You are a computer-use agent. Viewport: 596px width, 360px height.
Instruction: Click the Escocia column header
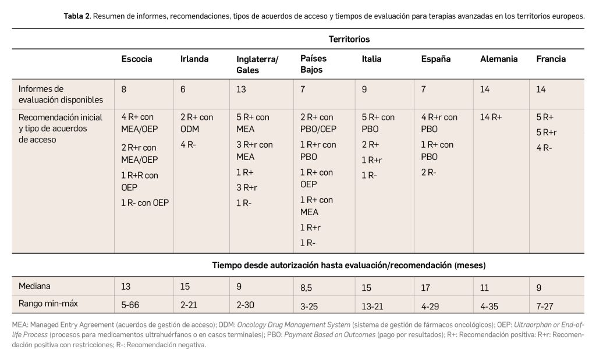[x=137, y=59]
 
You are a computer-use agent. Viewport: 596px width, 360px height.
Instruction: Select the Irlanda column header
[x=194, y=59]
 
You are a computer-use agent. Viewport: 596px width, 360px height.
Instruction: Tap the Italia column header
[x=371, y=59]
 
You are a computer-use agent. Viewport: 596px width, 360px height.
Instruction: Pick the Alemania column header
[x=499, y=59]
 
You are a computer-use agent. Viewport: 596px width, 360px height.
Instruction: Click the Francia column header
[x=551, y=59]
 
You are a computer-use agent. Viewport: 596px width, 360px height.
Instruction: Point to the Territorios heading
[x=349, y=40]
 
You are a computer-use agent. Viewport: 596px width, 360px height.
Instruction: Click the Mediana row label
[x=35, y=286]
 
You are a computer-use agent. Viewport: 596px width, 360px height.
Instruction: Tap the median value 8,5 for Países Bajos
[x=307, y=286]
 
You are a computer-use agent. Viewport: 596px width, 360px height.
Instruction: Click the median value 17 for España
[x=426, y=286]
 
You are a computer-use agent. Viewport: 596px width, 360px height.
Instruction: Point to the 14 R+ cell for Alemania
[x=491, y=117]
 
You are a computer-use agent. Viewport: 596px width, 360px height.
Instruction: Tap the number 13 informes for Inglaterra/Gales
[x=242, y=89]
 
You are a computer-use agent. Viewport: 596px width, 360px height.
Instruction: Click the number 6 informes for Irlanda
[x=183, y=89]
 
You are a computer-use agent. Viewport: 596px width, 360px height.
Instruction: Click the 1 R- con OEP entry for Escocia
[x=146, y=202]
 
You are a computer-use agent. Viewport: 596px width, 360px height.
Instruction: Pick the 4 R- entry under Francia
[x=544, y=147]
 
